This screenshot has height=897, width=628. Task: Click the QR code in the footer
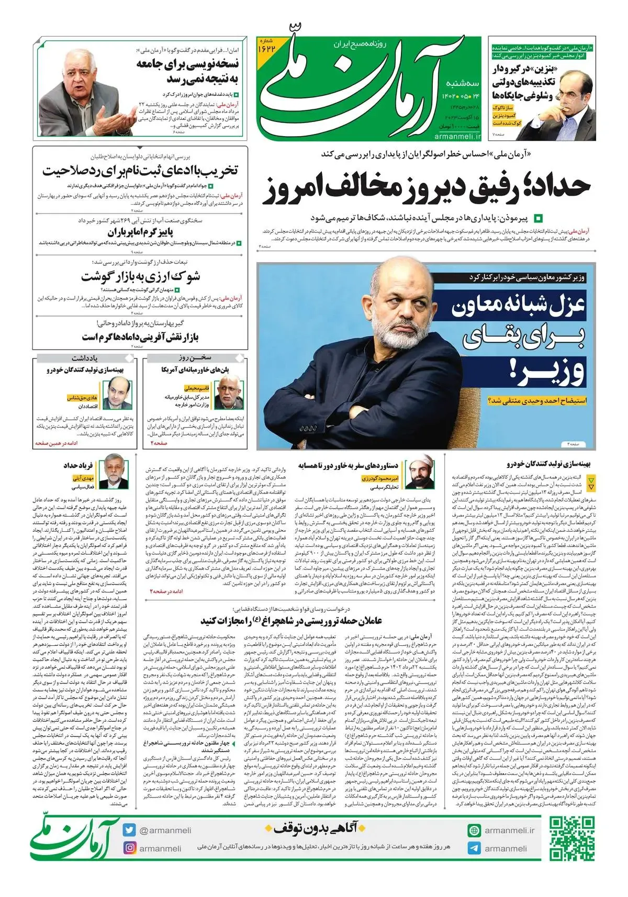tap(572, 838)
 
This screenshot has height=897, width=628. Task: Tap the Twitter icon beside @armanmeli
tap(129, 830)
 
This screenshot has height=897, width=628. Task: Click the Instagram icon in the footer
tap(129, 848)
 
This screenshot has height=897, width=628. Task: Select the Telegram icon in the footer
tap(474, 848)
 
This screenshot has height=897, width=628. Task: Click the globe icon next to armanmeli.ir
tap(474, 830)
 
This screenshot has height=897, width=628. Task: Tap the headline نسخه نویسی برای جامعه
tap(188, 71)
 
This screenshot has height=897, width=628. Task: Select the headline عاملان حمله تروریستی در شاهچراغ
tap(291, 620)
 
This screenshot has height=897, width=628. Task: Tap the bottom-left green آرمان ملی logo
tap(73, 839)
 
